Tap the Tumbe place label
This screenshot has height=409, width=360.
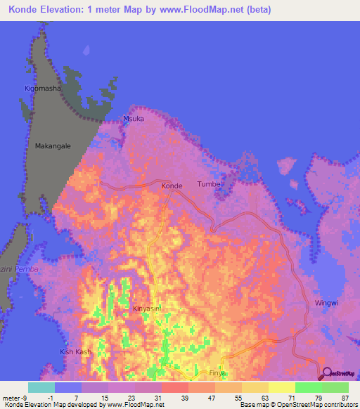pyautogui.click(x=209, y=184)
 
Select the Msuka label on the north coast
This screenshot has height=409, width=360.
pyautogui.click(x=134, y=119)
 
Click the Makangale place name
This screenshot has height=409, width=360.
pyautogui.click(x=53, y=146)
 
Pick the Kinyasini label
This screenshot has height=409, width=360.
pyautogui.click(x=148, y=309)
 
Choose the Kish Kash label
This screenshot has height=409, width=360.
pyautogui.click(x=76, y=351)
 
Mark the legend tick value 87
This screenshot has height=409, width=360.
pyautogui.click(x=345, y=398)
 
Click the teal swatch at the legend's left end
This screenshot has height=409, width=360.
pyautogui.click(x=41, y=387)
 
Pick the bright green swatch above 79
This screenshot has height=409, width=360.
pyautogui.click(x=308, y=387)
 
